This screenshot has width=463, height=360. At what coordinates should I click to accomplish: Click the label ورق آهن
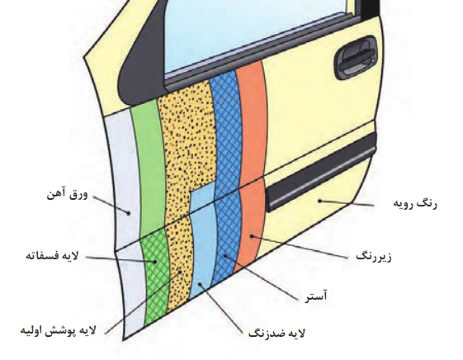(68, 195)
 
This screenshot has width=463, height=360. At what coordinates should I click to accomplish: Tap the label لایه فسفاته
(52, 255)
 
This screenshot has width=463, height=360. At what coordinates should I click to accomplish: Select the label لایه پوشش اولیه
(58, 330)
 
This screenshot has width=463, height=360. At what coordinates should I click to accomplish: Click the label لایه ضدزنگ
(276, 334)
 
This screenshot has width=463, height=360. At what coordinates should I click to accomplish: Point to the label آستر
(316, 296)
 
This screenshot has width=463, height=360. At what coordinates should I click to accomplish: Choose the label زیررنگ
(374, 256)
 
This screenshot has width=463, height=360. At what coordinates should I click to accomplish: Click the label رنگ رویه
(415, 204)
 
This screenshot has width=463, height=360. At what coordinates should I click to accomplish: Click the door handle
(355, 58)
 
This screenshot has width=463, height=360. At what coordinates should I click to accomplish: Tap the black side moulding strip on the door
(321, 173)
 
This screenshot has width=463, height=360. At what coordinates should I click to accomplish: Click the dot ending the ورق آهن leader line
(129, 212)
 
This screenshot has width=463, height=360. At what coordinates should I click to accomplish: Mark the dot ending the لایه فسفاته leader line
(154, 262)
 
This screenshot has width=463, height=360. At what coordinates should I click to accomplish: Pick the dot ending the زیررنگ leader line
(252, 235)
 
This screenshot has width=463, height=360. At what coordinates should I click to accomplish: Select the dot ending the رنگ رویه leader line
(319, 201)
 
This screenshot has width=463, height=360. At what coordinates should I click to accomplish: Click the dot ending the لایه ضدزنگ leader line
(200, 284)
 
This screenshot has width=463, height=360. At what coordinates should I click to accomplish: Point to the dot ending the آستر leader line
(224, 256)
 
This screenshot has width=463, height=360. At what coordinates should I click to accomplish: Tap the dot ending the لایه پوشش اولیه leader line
(180, 272)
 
